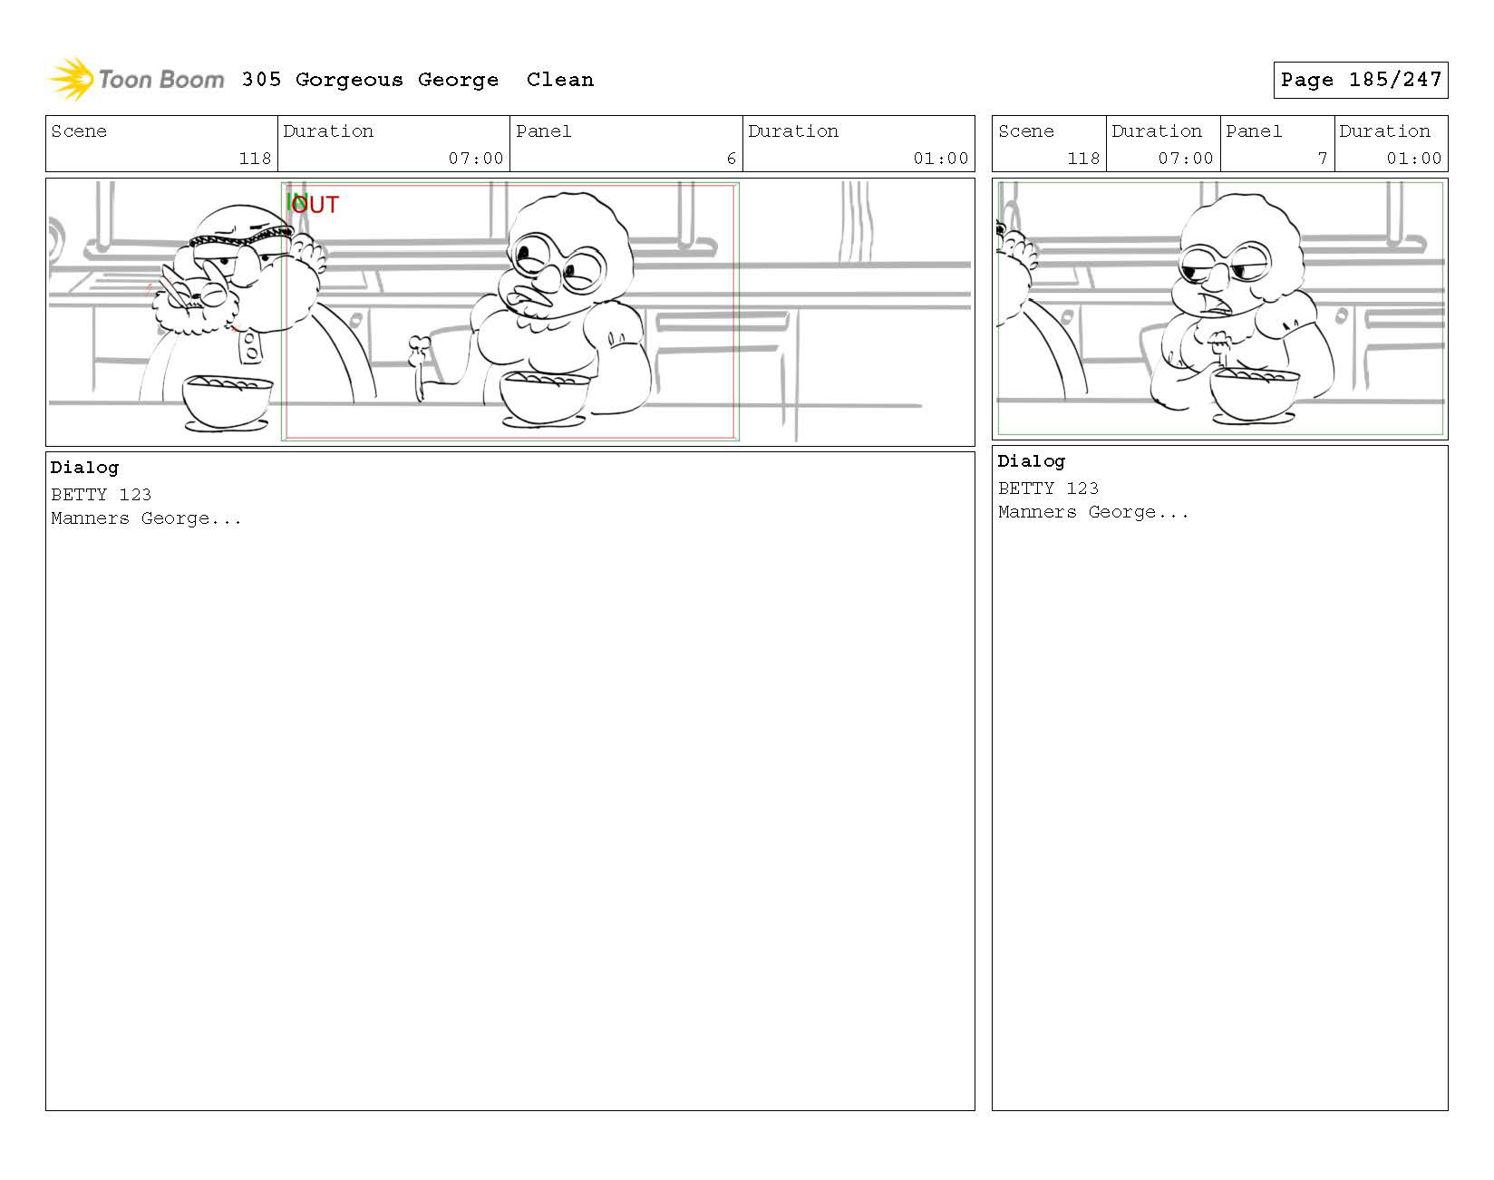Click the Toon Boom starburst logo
click(x=71, y=79)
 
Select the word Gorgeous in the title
click(x=349, y=81)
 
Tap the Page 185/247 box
click(x=1360, y=80)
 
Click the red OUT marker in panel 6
click(x=315, y=205)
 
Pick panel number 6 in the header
click(x=731, y=159)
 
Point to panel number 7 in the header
click(x=1322, y=159)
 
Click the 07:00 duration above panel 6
click(x=476, y=159)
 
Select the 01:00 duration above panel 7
click(x=1413, y=159)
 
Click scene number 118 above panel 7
click(x=1083, y=159)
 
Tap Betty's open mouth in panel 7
click(x=1218, y=306)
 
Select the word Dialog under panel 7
click(x=1031, y=461)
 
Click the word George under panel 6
click(x=175, y=519)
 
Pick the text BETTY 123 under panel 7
click(x=1048, y=488)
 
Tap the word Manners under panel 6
click(x=90, y=519)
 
